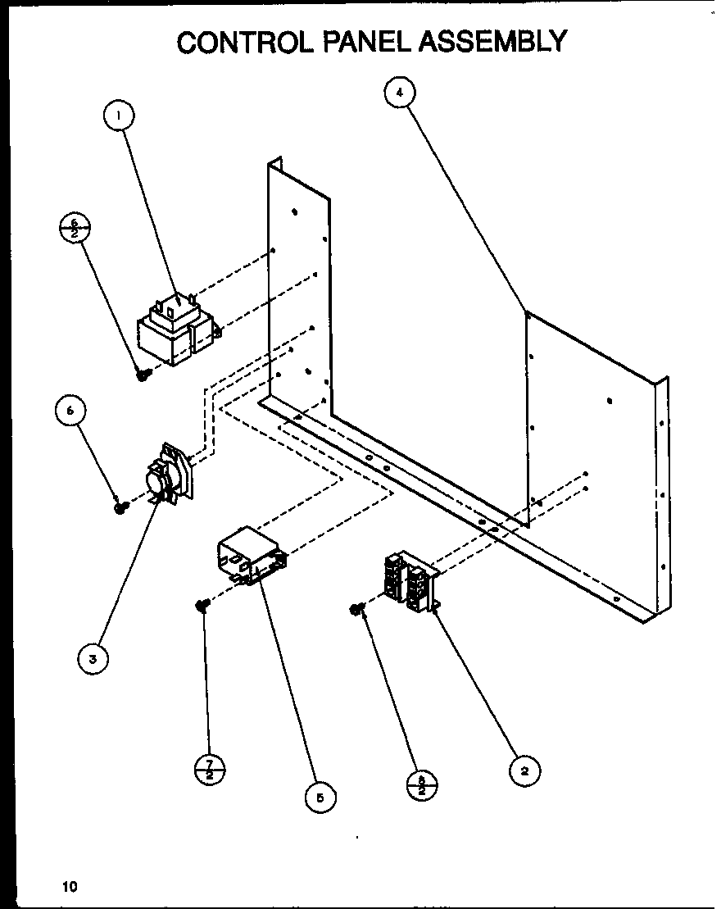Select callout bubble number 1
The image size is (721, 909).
tap(120, 116)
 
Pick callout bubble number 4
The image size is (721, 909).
tap(399, 93)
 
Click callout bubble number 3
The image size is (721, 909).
tap(94, 658)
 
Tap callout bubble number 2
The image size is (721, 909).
tap(524, 770)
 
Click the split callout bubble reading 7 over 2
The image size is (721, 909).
tap(210, 770)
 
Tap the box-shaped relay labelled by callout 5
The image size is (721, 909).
tap(249, 557)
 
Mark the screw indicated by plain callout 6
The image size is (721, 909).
tap(121, 508)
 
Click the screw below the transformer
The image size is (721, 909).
tap(144, 375)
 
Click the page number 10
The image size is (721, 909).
tap(69, 885)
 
